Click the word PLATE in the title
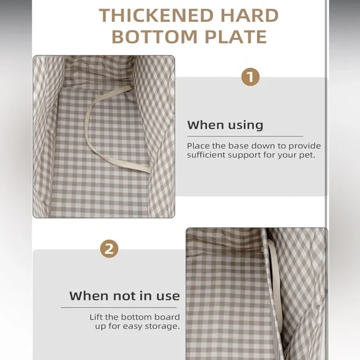click(x=236, y=37)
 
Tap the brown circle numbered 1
click(x=250, y=77)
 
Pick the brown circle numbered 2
click(x=109, y=249)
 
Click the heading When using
click(x=225, y=125)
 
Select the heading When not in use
click(x=124, y=295)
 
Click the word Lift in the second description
click(x=96, y=317)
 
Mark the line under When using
click(x=245, y=136)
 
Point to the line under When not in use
click(x=119, y=307)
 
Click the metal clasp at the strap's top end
click(x=132, y=86)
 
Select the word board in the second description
click(x=167, y=317)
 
